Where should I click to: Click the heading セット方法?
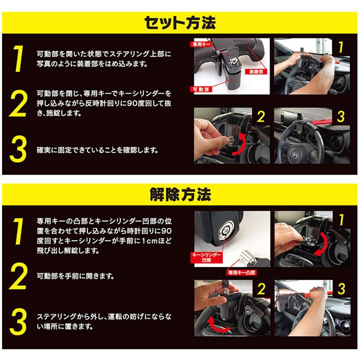click(180, 22)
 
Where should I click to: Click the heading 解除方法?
click(180, 196)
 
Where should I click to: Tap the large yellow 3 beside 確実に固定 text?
click(18, 150)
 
